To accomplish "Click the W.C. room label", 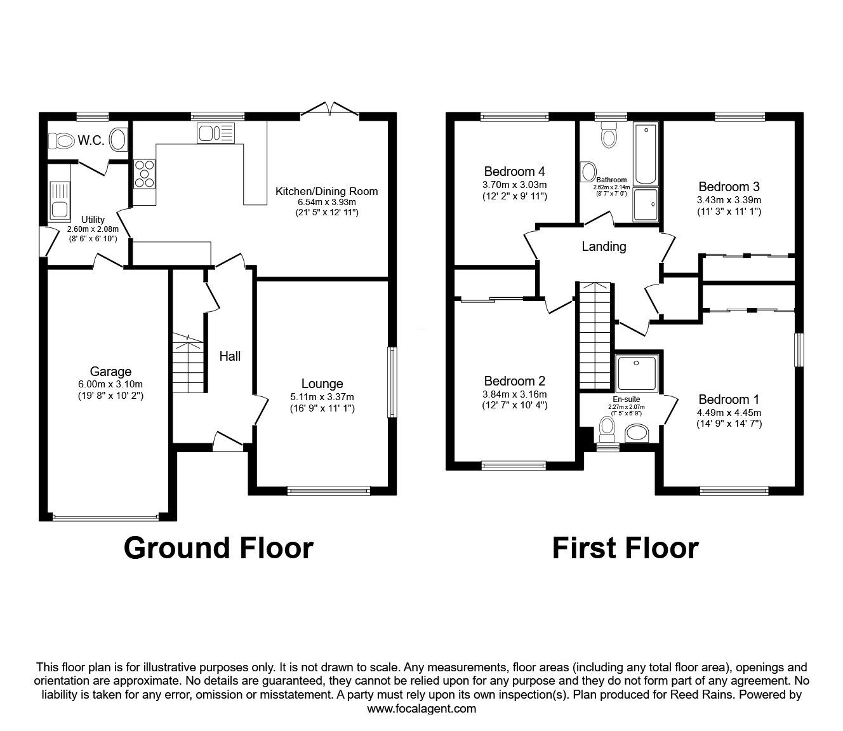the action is (x=91, y=140).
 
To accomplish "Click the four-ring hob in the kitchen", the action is (x=144, y=174).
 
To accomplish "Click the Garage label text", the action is (x=110, y=372).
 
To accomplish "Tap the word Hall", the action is (x=230, y=356).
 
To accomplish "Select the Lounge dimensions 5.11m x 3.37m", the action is (x=322, y=397).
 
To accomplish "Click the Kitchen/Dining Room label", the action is (x=327, y=191).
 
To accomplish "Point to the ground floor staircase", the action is (x=188, y=363).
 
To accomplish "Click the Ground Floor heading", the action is (x=218, y=548).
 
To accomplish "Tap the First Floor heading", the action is (x=625, y=548).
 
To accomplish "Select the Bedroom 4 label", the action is (x=514, y=171).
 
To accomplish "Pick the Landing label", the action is (x=604, y=246).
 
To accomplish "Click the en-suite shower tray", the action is (x=637, y=373).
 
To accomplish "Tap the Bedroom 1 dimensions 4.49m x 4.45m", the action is (x=729, y=413).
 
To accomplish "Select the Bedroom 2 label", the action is (x=515, y=381).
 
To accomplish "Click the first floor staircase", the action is (x=595, y=335).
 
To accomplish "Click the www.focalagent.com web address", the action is (x=421, y=709).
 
